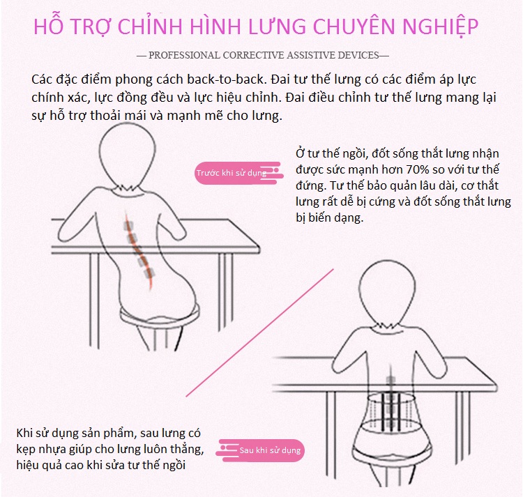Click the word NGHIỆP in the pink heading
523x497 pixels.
tap(441, 26)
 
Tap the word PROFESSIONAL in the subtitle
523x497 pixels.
tap(185, 55)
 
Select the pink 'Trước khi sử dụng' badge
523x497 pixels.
tap(238, 173)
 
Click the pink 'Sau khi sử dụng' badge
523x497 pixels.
tap(261, 450)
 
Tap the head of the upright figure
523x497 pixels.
tap(387, 293)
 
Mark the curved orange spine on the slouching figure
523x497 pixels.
tap(139, 248)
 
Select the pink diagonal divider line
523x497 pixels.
tap(260, 332)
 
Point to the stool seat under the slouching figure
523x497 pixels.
tap(160, 315)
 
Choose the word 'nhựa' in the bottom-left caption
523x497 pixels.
tap(53, 450)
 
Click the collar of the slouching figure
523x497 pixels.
tap(128, 190)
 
